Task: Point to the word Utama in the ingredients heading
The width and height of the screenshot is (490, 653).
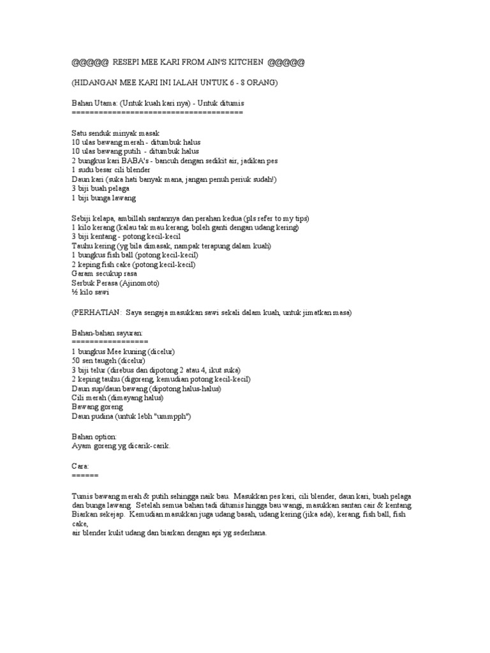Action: coord(107,103)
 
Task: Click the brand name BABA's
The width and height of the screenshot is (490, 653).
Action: coord(133,161)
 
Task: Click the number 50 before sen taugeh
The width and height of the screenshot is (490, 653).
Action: coord(76,360)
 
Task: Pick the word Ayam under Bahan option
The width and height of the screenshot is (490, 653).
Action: coord(81,446)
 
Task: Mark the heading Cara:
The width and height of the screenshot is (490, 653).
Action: coord(80,467)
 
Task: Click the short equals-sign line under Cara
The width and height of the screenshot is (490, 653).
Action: coord(85,475)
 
